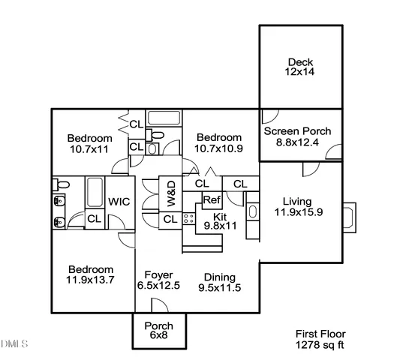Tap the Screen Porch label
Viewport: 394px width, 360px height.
click(x=297, y=137)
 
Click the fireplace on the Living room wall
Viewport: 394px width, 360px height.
click(x=352, y=217)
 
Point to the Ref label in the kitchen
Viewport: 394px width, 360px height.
click(x=211, y=200)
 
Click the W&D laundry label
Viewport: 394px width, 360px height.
click(x=171, y=193)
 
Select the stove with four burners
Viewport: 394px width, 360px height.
click(x=189, y=219)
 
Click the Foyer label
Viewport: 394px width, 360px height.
click(x=159, y=275)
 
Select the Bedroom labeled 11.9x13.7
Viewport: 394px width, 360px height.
click(x=90, y=275)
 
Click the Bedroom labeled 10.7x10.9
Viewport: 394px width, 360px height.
click(x=219, y=143)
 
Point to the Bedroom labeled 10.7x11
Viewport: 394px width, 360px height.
click(x=89, y=144)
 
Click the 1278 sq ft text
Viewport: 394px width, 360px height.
click(x=320, y=346)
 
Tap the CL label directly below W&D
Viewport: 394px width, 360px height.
click(x=170, y=219)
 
